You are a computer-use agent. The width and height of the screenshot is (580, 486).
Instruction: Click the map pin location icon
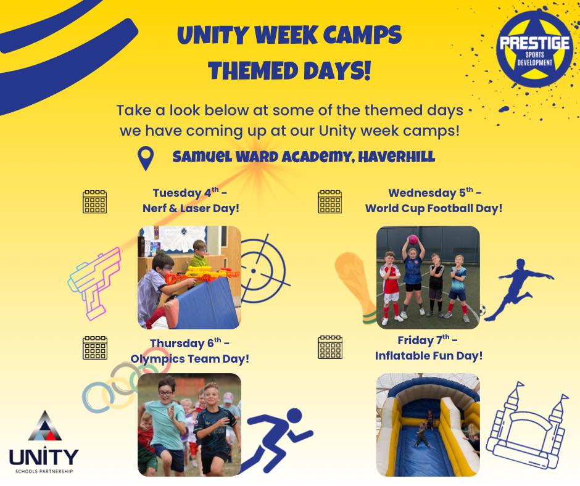(146, 158)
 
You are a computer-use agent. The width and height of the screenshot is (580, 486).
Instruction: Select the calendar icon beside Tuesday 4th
(94, 201)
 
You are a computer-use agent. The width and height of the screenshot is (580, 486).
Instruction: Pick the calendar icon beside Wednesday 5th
(329, 201)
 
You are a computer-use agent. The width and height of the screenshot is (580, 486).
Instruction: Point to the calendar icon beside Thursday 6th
(94, 347)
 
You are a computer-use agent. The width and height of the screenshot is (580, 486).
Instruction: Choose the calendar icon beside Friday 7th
(329, 347)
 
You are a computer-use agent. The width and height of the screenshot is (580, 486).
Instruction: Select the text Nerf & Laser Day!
(191, 208)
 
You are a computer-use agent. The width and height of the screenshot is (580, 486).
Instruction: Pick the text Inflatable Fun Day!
(428, 356)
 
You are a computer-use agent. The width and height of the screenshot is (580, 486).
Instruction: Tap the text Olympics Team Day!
(190, 358)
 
